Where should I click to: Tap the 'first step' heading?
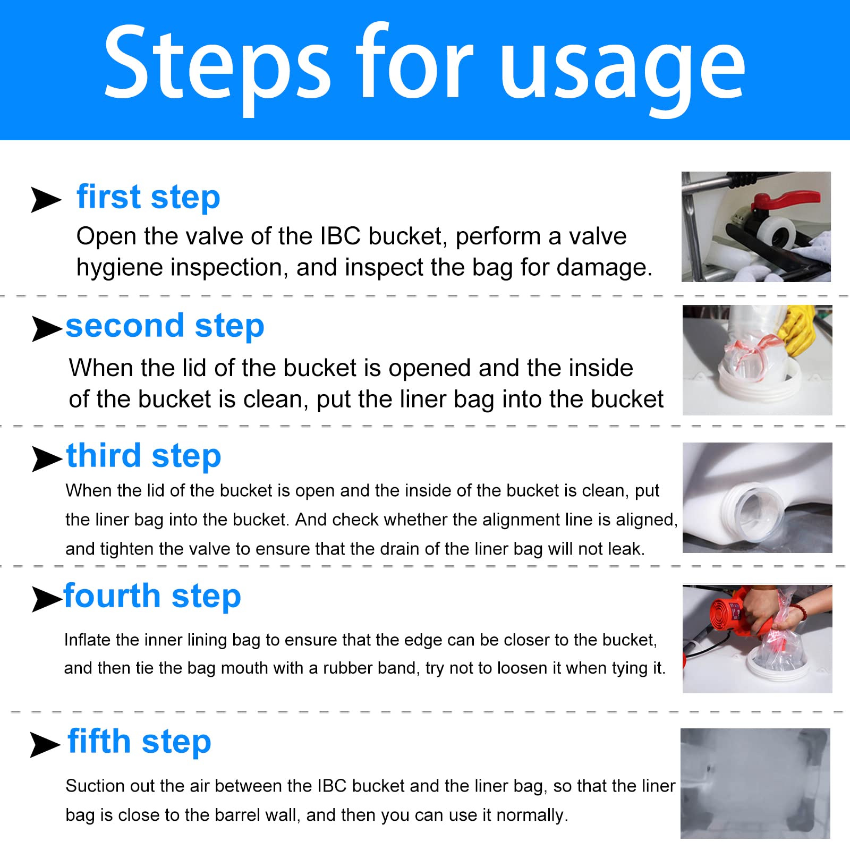(148, 198)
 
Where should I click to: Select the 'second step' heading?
(165, 326)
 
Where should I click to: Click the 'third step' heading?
(143, 456)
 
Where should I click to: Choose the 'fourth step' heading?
(152, 596)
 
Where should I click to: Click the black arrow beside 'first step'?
(46, 200)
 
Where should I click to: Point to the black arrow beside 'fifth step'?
(45, 744)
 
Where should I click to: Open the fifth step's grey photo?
(755, 784)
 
